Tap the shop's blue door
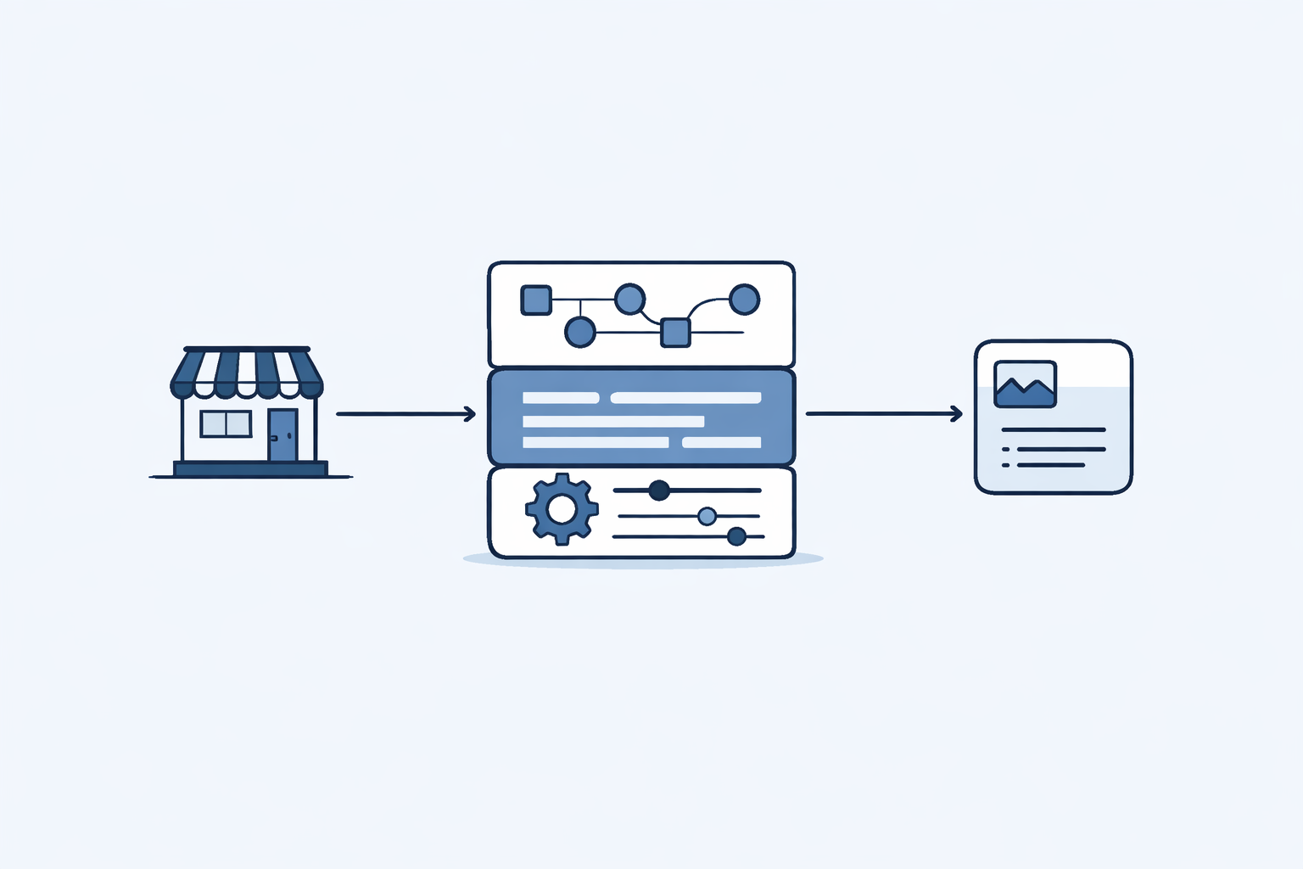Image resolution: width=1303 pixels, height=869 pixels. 282,435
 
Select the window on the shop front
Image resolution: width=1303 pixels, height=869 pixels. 226,423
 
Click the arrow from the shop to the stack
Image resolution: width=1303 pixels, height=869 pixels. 405,414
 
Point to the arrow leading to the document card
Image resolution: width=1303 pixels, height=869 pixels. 883,414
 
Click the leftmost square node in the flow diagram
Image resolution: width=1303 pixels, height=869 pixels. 535,300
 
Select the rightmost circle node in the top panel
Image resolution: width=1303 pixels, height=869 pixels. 744,300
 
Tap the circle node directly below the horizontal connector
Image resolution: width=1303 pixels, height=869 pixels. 580,332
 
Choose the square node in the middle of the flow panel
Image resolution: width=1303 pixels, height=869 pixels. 675,332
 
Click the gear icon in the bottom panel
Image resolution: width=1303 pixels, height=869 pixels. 562,509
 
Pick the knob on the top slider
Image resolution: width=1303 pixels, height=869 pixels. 659,491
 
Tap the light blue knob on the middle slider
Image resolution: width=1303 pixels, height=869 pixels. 707,516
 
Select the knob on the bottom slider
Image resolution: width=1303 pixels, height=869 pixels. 736,536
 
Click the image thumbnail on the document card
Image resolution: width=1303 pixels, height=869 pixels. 1025,384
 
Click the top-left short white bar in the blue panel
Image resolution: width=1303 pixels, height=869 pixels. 561,398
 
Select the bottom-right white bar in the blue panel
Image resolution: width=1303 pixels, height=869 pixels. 721,442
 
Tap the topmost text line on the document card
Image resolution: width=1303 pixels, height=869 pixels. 1053,430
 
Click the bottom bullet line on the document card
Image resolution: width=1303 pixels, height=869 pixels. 1050,465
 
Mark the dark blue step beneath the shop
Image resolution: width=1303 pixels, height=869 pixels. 250,468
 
